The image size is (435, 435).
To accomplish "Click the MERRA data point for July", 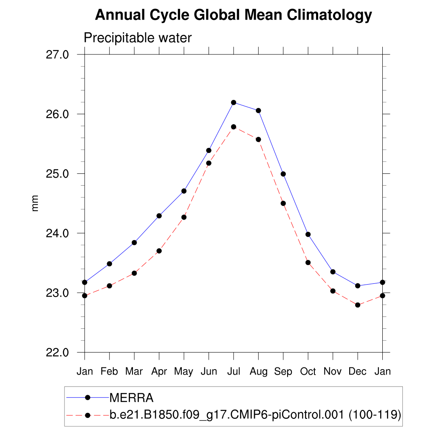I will pyautogui.click(x=234, y=102).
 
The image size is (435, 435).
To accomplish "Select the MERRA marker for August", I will pyautogui.click(x=258, y=110).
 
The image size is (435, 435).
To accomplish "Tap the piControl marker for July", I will pyautogui.click(x=234, y=127).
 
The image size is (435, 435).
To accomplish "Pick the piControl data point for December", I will pyautogui.click(x=358, y=305).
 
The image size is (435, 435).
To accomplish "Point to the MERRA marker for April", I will pyautogui.click(x=159, y=216).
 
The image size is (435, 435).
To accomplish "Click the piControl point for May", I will pyautogui.click(x=184, y=217).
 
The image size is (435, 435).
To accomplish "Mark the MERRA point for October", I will pyautogui.click(x=308, y=234).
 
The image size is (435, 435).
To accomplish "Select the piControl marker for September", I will pyautogui.click(x=283, y=203).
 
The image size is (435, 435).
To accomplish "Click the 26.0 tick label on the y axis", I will pyautogui.click(x=57, y=114).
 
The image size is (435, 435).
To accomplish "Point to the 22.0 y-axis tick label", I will pyautogui.click(x=57, y=353).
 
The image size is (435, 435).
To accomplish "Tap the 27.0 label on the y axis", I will pyautogui.click(x=57, y=55).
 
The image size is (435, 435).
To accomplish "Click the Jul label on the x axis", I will pyautogui.click(x=234, y=372).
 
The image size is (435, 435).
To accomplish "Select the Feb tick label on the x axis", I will pyautogui.click(x=110, y=372).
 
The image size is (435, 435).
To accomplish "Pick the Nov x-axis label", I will pyautogui.click(x=333, y=372).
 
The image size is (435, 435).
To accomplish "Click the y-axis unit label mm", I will pyautogui.click(x=36, y=203).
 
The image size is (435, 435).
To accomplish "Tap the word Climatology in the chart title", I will pyautogui.click(x=329, y=16).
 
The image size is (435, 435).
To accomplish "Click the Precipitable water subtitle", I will pyautogui.click(x=138, y=38).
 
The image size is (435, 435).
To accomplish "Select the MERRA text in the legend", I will pyautogui.click(x=131, y=398).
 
